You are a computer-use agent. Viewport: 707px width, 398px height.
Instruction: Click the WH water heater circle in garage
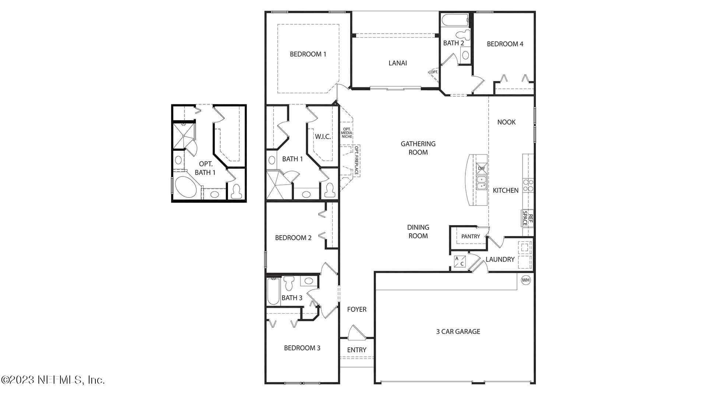tap(525, 280)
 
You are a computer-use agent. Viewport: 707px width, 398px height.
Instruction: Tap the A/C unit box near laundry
tap(460, 261)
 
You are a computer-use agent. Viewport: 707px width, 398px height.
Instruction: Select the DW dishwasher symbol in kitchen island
tap(481, 168)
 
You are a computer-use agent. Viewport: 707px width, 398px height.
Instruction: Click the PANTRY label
tap(471, 236)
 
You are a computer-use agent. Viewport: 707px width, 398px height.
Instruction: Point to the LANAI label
tap(398, 63)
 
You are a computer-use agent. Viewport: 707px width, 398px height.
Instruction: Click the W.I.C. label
tap(323, 137)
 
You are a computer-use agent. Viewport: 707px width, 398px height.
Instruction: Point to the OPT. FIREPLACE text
tap(356, 161)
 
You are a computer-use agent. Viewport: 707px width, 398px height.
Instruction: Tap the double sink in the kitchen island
tap(481, 182)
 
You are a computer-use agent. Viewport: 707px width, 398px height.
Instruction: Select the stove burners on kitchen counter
tap(528, 185)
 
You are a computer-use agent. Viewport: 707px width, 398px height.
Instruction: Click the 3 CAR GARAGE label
tap(458, 331)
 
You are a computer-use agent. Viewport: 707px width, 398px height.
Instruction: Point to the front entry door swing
tap(356, 332)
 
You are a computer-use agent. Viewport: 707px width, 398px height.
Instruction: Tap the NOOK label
tap(506, 122)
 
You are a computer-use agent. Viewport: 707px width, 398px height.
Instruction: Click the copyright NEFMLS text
tap(53, 380)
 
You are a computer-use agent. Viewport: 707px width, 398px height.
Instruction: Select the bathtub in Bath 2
tap(455, 20)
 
